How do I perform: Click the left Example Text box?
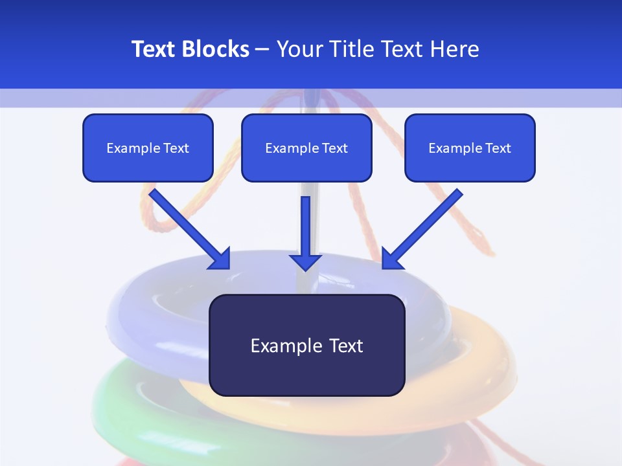(148, 148)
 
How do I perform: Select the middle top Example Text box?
(306, 148)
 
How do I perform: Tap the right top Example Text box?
(470, 148)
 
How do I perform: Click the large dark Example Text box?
(307, 345)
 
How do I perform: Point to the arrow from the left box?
(188, 227)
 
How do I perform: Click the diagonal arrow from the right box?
(424, 227)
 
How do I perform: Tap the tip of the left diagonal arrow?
(228, 267)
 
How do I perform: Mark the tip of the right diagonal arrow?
(384, 267)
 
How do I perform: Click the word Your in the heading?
(299, 49)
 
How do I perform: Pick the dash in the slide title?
(262, 49)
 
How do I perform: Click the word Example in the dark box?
(286, 346)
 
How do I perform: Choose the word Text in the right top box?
(498, 148)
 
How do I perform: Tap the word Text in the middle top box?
(334, 148)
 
